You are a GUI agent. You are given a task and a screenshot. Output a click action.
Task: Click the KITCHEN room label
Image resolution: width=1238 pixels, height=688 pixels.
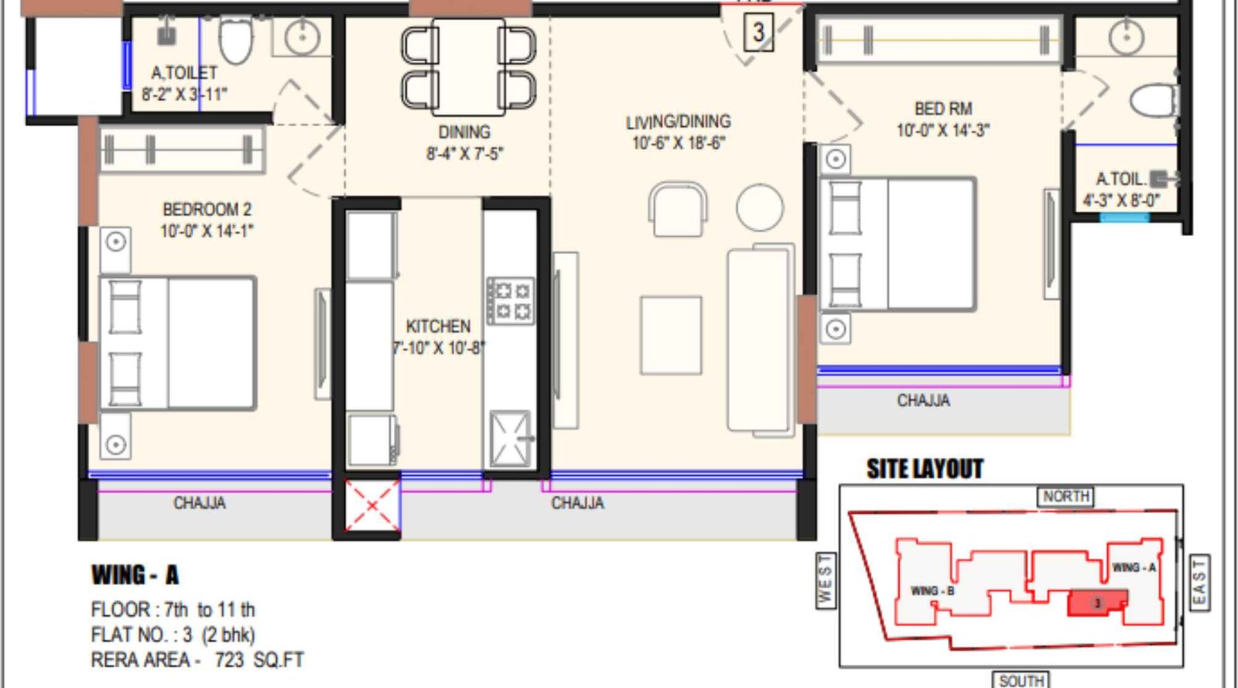tap(438, 327)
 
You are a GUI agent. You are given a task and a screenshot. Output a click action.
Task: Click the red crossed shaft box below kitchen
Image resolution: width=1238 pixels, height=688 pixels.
tap(372, 506)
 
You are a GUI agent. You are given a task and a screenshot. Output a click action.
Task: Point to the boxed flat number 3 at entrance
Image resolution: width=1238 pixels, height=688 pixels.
tap(758, 33)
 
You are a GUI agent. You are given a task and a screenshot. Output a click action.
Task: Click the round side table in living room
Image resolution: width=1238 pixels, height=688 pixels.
tap(759, 207)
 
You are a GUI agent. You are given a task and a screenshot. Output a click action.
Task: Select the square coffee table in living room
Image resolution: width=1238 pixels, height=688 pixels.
tap(671, 335)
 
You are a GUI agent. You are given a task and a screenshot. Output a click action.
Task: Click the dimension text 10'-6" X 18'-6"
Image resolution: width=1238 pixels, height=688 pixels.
tap(678, 143)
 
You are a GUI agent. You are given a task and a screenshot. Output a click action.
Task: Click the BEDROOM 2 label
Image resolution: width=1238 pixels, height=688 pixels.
tap(207, 210)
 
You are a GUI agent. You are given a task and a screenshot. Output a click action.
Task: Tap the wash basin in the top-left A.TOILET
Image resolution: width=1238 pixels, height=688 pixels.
tap(302, 36)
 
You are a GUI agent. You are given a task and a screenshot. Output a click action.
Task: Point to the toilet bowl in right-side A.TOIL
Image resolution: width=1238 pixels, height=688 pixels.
tap(1154, 101)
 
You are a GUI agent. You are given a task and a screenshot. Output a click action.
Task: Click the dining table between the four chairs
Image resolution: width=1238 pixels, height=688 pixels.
tap(469, 67)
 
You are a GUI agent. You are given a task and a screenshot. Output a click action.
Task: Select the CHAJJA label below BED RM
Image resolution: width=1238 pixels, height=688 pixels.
tap(923, 401)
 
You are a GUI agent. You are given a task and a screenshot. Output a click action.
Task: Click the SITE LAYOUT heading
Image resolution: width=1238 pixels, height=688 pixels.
tap(925, 469)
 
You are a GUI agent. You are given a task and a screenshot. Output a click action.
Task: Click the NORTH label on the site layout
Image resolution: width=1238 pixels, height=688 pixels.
tap(1065, 496)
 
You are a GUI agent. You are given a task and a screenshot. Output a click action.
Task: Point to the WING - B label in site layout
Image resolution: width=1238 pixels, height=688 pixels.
tap(932, 590)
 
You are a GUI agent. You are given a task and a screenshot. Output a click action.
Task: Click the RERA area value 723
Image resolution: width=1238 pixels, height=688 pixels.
tap(229, 660)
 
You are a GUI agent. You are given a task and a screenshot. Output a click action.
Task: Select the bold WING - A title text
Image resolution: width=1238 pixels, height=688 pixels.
tap(135, 575)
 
